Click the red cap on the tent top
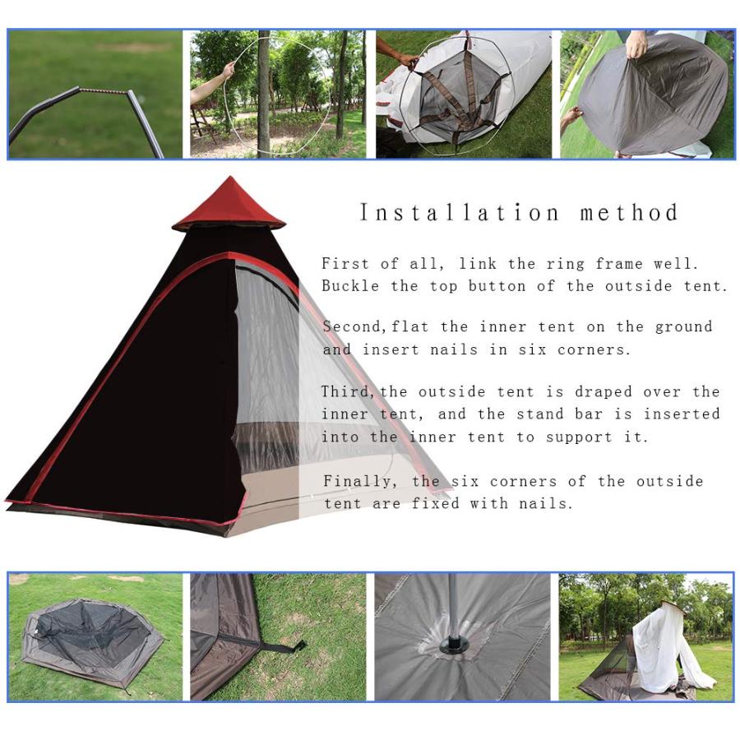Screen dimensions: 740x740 click(x=229, y=206)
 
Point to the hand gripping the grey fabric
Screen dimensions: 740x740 click(x=636, y=46)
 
